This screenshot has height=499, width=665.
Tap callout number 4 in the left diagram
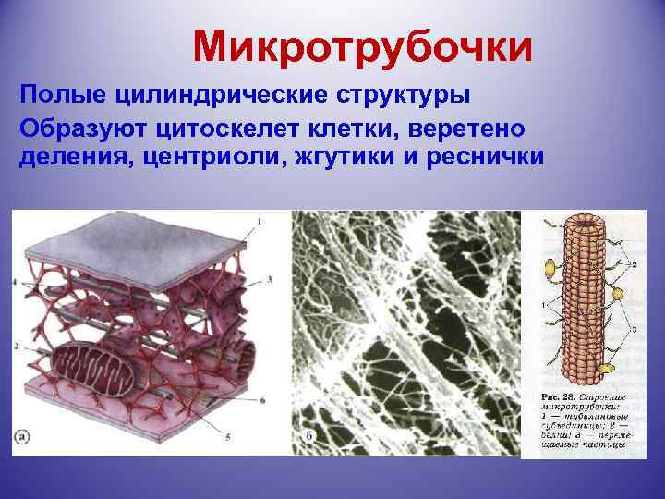[x=16, y=281]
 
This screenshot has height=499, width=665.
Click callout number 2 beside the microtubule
[x=632, y=264]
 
